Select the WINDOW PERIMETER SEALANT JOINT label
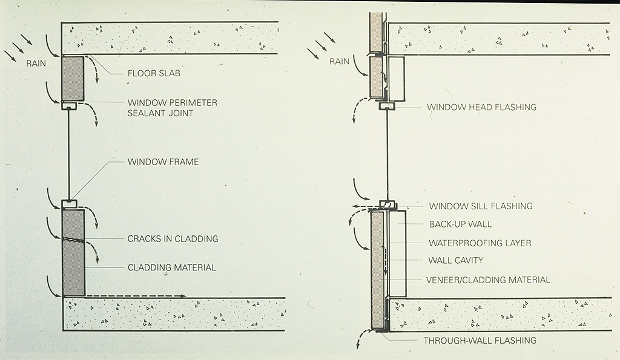tap(172, 108)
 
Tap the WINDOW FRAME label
tap(163, 162)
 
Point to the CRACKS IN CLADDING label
tap(173, 238)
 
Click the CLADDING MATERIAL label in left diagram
tap(171, 267)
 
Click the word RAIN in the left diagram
tap(37, 63)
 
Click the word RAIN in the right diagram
tap(340, 61)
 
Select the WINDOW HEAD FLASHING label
tap(481, 107)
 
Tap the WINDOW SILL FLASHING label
tap(480, 206)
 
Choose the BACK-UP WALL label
tap(460, 224)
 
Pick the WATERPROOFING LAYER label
tap(480, 243)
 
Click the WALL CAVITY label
tap(455, 261)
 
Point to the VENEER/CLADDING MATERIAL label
tap(488, 280)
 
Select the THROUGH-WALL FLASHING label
tap(480, 340)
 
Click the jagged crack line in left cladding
tap(73, 240)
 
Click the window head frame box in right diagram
tap(387, 106)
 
